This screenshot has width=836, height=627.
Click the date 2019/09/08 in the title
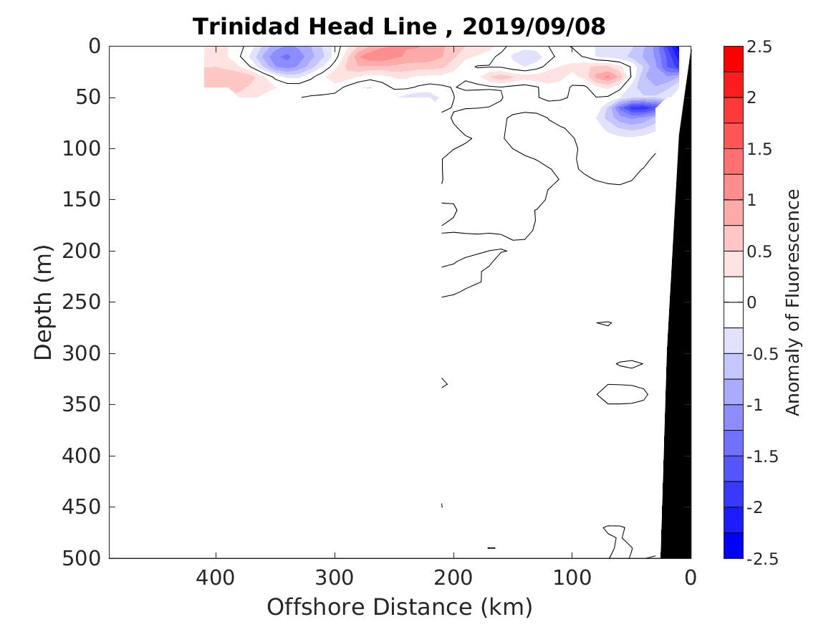534,27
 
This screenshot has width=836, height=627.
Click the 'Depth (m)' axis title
43,302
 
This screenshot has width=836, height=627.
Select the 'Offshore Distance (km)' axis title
400,607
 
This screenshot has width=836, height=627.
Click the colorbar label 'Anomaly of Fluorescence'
792,302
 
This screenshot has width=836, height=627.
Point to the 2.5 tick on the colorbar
759,47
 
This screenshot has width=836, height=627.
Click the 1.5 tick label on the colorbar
759,149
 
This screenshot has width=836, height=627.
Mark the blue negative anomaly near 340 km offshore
287,57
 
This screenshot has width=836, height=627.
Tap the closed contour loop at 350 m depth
623,393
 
